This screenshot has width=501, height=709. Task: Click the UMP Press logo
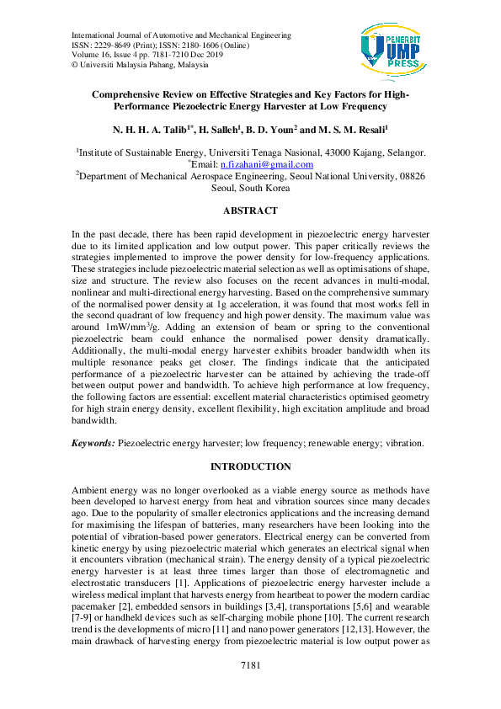tap(389, 48)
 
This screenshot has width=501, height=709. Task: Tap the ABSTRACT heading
tap(250, 211)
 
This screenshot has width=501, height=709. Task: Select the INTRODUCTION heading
tap(250, 466)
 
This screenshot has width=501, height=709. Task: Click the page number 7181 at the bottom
tap(250, 689)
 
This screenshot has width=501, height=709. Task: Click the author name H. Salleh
tap(202, 131)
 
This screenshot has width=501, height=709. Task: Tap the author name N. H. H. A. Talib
tap(140, 131)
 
